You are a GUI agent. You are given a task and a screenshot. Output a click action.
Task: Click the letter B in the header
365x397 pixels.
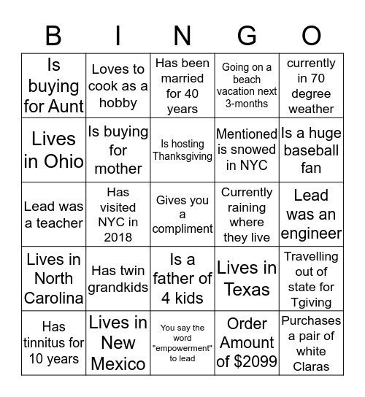tap(54, 36)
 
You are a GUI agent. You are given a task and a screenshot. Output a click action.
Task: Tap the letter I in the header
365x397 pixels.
tap(118, 36)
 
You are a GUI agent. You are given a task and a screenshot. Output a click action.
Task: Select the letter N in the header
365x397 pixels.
tap(182, 36)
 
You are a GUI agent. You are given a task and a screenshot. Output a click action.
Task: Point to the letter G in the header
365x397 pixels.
tap(247, 36)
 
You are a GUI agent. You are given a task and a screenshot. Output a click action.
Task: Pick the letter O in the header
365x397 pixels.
tap(311, 36)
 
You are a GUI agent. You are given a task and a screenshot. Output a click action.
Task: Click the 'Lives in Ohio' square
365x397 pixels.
tap(54, 150)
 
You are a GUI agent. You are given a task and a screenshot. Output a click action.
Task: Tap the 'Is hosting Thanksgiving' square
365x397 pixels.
tap(182, 150)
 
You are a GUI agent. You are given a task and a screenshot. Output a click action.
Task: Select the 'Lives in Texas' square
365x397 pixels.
tap(247, 279)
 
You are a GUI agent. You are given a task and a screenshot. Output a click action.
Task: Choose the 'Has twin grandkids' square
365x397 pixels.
tap(118, 279)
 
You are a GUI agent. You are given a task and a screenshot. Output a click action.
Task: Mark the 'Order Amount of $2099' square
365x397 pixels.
tap(247, 342)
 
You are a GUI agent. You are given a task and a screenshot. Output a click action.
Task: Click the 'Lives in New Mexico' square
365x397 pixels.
tap(118, 342)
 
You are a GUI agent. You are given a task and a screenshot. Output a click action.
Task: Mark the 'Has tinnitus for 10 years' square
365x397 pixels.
tap(54, 342)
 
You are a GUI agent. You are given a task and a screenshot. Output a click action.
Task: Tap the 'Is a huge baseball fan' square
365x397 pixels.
tap(311, 150)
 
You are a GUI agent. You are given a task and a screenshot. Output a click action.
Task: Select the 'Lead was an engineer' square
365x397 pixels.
tap(311, 215)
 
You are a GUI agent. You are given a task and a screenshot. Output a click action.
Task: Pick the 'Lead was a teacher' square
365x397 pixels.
tap(54, 215)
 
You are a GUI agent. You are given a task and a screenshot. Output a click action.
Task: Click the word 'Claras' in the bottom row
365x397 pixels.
tap(312, 366)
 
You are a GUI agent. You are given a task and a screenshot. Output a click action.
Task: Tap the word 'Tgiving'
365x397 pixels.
tap(311, 302)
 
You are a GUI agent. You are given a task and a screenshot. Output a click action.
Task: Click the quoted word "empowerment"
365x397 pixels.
tap(182, 348)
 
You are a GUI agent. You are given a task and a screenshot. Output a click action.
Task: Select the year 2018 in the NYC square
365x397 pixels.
tap(118, 237)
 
